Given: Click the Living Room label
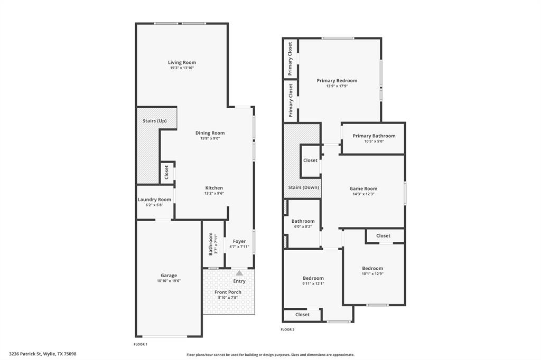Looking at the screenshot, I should pyautogui.click(x=183, y=63).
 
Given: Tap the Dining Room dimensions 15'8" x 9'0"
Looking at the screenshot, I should pyautogui.click(x=210, y=139).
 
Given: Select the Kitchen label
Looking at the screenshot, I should pyautogui.click(x=214, y=188).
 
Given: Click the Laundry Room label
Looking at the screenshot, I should pyautogui.click(x=154, y=200).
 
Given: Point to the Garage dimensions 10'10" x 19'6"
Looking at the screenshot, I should pyautogui.click(x=169, y=281).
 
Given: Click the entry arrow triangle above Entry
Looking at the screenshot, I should pyautogui.click(x=239, y=273).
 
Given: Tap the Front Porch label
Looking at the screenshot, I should pyautogui.click(x=228, y=292).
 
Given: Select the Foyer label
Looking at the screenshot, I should pyautogui.click(x=239, y=241).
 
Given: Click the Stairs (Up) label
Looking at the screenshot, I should pyautogui.click(x=154, y=121).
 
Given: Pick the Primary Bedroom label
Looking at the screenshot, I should pyautogui.click(x=337, y=81).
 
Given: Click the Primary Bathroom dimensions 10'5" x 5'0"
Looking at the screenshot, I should pyautogui.click(x=374, y=141).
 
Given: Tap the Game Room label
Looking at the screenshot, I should pyautogui.click(x=363, y=188).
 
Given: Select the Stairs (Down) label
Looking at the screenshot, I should pyautogui.click(x=303, y=187).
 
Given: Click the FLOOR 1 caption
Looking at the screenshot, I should pyautogui.click(x=141, y=344).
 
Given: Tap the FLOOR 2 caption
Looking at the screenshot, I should pyautogui.click(x=287, y=329).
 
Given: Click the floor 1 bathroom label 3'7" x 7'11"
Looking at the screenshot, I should pyautogui.click(x=212, y=244).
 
